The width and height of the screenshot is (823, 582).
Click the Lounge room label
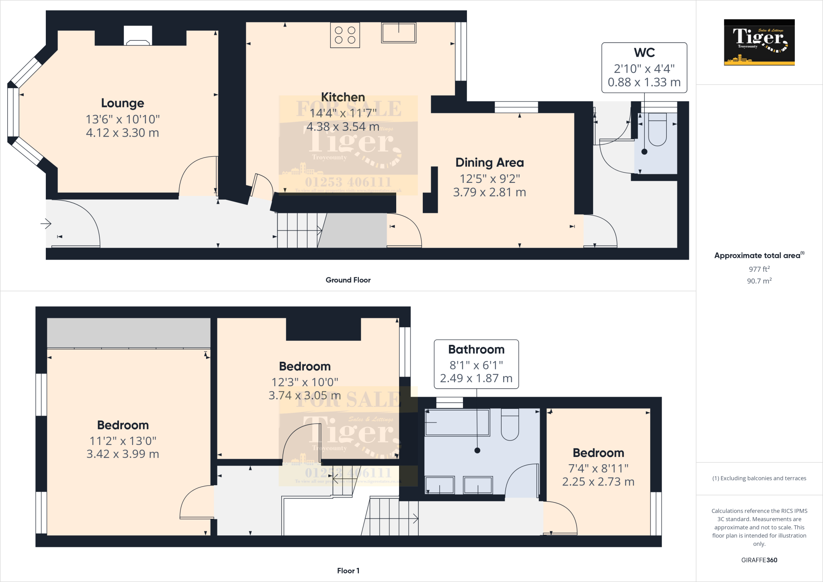pos(123,103)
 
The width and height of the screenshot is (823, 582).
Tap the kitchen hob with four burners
pos(345,35)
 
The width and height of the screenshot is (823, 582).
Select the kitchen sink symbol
pos(399,33)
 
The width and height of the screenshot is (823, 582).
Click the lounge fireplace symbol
pos(138,36)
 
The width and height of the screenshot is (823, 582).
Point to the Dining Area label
pos(489,163)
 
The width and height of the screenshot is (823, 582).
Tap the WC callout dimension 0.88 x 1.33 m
pos(644,82)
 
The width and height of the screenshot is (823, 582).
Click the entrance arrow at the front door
pos(46,223)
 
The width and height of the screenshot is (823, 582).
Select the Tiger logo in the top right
pos(759,42)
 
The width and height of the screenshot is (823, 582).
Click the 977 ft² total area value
pos(759,269)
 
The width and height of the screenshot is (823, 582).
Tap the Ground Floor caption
pos(348,280)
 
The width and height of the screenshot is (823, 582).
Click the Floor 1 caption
pos(348,571)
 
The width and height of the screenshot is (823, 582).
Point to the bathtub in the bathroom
pos(457,422)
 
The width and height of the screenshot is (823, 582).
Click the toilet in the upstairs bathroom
pos(510,425)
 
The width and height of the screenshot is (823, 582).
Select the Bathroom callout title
pos(476,350)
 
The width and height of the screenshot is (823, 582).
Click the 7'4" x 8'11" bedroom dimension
pos(598,469)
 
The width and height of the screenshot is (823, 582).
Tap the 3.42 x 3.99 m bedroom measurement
pos(123,454)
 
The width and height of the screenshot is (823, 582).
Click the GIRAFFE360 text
pos(759,560)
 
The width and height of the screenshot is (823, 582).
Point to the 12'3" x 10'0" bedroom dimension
pos(305,382)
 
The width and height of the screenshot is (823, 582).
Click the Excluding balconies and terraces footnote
pos(759,478)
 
